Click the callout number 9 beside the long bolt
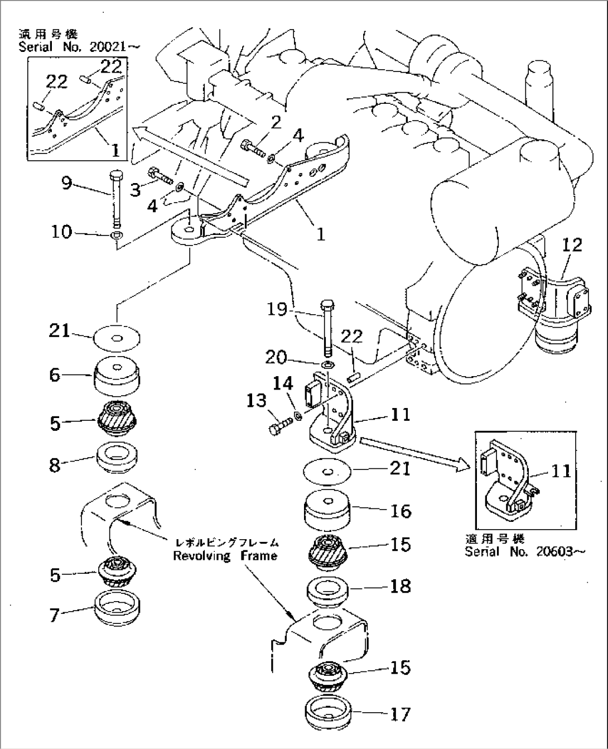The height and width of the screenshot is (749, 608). coord(67,183)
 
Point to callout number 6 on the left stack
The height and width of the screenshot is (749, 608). coord(55,374)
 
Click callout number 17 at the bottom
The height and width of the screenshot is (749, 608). coord(399,714)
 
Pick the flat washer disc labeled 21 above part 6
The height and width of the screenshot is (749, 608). coord(116,337)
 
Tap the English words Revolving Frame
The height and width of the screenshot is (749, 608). coord(225,556)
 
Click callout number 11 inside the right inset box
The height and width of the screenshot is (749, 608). coord(560,472)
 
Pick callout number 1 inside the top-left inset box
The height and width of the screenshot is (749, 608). coord(114,150)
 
